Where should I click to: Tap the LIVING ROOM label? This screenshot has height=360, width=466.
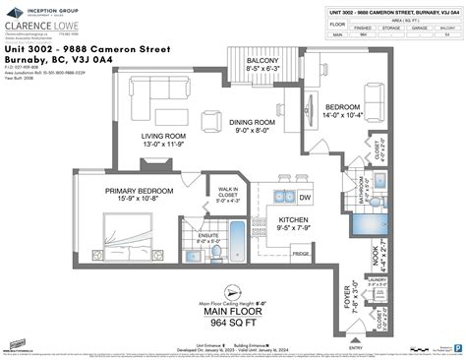pyautogui.click(x=164, y=137)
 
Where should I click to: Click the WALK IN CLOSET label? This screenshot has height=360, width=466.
pyautogui.click(x=229, y=191)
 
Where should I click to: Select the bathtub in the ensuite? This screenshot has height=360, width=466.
pyautogui.click(x=236, y=237)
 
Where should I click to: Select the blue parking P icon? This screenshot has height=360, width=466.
pyautogui.click(x=457, y=346)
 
